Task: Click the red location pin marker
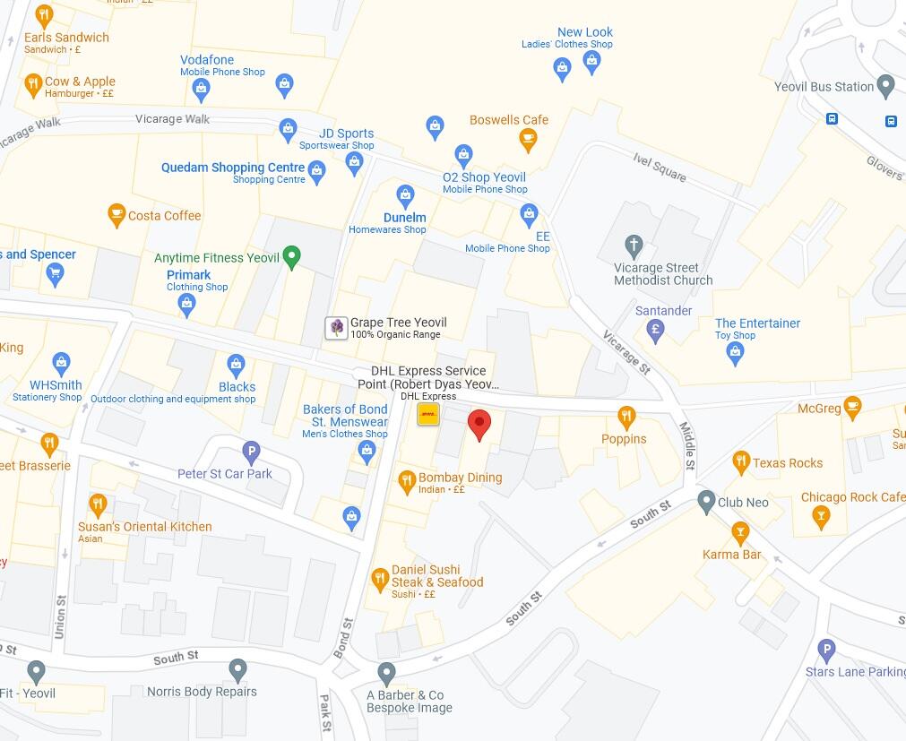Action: tap(479, 425)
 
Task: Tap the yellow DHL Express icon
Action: tap(428, 415)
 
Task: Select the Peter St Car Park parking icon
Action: tap(252, 452)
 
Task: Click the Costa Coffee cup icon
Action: tap(116, 215)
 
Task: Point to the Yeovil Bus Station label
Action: tap(824, 87)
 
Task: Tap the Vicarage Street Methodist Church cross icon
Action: tap(634, 245)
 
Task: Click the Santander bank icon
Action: tap(655, 329)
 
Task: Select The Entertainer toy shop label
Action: tap(757, 323)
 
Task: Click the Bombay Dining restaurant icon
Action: tap(406, 478)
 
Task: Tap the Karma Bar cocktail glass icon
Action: tap(739, 534)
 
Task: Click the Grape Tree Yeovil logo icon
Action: tap(336, 328)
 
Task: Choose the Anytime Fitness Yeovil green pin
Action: tap(291, 258)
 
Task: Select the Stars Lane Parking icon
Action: tap(827, 651)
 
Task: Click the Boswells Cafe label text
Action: tap(508, 120)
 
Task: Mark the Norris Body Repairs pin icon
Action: tap(237, 669)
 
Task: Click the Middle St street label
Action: tap(686, 446)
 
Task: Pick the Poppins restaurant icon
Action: tap(626, 416)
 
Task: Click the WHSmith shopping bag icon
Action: tap(61, 363)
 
